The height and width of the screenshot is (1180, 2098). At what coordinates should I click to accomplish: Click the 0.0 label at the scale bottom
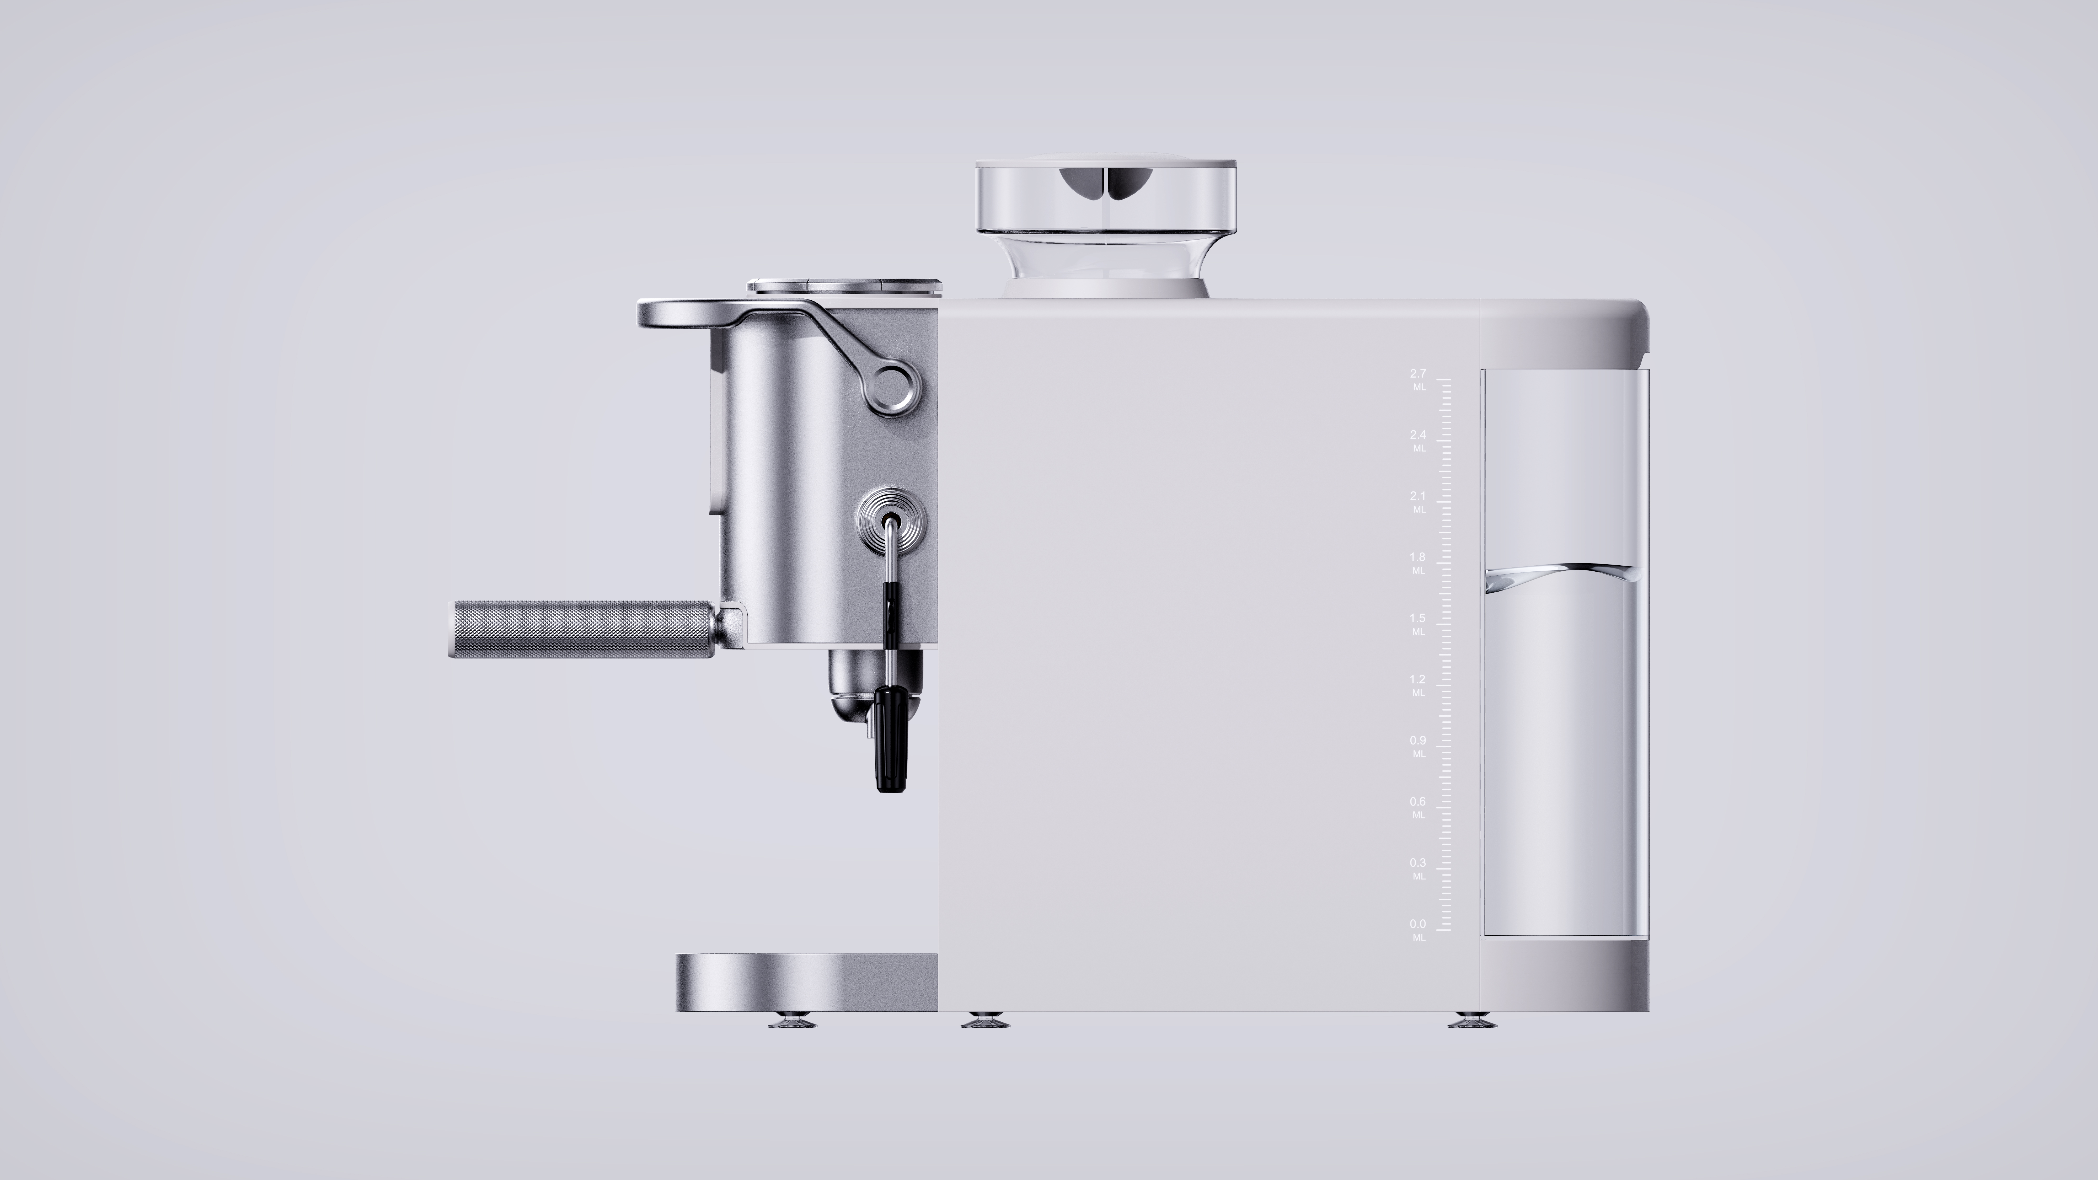tap(1418, 924)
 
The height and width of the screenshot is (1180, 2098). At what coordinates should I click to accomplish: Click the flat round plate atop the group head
tap(844, 285)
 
